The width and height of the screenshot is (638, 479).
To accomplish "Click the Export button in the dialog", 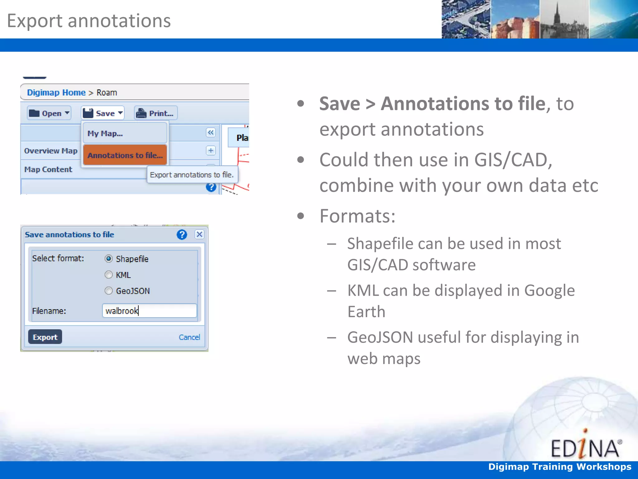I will (x=45, y=337).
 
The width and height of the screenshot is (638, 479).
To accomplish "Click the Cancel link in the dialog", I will (x=189, y=337).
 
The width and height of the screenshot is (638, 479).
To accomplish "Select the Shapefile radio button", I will (x=109, y=259).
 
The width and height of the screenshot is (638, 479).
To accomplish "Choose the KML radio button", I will (x=109, y=275).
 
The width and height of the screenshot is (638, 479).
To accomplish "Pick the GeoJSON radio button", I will (x=109, y=291).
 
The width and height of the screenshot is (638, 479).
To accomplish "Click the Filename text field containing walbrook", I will (x=150, y=311).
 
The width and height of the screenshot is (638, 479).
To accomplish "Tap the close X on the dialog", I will (x=199, y=234).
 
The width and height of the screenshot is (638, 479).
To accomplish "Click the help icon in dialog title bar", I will (x=182, y=234).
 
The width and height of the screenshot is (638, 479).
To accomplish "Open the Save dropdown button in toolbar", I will (x=103, y=113).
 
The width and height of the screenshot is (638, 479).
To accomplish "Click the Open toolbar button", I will (x=49, y=113).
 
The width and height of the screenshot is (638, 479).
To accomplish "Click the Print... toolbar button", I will (x=156, y=113).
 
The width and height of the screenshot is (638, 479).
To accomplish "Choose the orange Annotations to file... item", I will (x=125, y=155).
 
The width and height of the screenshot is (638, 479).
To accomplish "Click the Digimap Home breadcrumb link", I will (x=56, y=93).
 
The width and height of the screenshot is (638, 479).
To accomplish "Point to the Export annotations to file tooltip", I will (x=192, y=175).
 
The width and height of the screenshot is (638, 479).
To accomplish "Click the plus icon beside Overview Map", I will (x=211, y=151).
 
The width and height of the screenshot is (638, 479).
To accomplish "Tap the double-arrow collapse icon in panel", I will (x=211, y=133).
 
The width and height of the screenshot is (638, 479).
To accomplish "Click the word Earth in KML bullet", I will (x=366, y=312).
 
